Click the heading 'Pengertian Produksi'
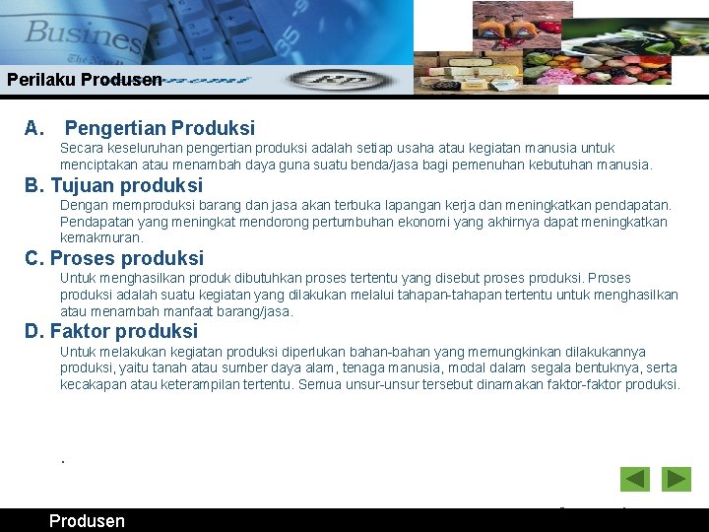[x=160, y=128]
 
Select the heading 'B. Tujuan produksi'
[x=113, y=185]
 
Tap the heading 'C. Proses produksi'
[x=114, y=258]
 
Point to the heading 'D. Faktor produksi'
[x=111, y=331]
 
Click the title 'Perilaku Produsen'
[x=84, y=80]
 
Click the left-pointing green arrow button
[x=635, y=479]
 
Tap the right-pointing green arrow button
[x=677, y=479]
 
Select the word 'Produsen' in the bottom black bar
[x=87, y=521]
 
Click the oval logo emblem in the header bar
[x=330, y=80]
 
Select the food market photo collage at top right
[x=559, y=46]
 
